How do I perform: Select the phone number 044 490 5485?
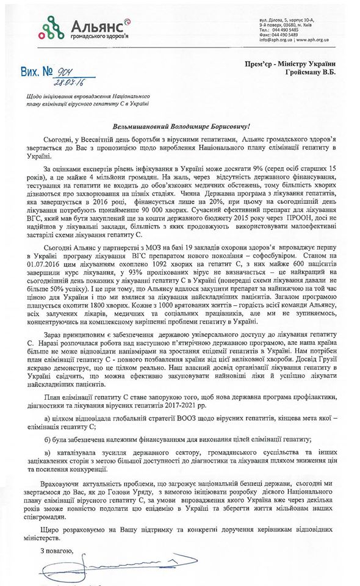pos(286,29)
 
